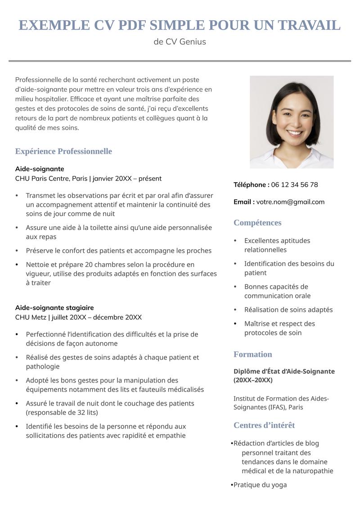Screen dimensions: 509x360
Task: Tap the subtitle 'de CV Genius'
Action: [180, 42]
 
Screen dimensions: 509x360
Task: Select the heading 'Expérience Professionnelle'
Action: [63, 151]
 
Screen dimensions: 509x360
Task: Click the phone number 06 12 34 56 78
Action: [294, 185]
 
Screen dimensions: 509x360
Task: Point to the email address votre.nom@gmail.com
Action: [290, 202]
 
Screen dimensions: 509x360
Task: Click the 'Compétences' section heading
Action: [257, 223]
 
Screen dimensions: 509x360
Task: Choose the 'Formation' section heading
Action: [252, 354]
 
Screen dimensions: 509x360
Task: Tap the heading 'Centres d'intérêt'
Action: [264, 425]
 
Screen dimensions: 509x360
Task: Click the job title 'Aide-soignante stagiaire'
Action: [54, 308]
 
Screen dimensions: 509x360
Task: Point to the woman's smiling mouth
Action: [295, 133]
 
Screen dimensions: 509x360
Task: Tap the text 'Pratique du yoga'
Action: [260, 485]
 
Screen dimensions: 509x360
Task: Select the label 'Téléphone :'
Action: [251, 185]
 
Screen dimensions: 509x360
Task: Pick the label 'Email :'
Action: [244, 202]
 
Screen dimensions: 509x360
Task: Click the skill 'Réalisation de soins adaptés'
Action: [288, 310]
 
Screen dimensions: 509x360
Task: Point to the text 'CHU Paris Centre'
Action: [43, 179]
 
